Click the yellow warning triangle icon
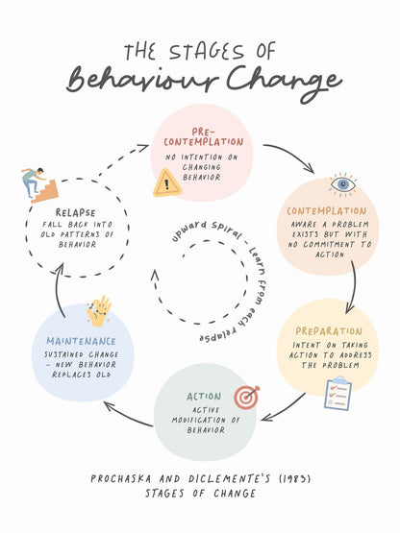point(166,183)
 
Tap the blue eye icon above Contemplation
point(343,185)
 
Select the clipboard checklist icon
point(337,394)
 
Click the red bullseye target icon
point(246,397)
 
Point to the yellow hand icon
point(99,311)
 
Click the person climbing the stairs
point(33,182)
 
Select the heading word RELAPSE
point(76,213)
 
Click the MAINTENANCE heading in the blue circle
point(81,341)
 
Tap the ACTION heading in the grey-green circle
point(204,397)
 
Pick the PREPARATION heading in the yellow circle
point(329,331)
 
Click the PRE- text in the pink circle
point(203,132)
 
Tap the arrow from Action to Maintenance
point(127,416)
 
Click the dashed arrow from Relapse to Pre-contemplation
point(122,158)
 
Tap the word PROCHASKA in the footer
point(121,478)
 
